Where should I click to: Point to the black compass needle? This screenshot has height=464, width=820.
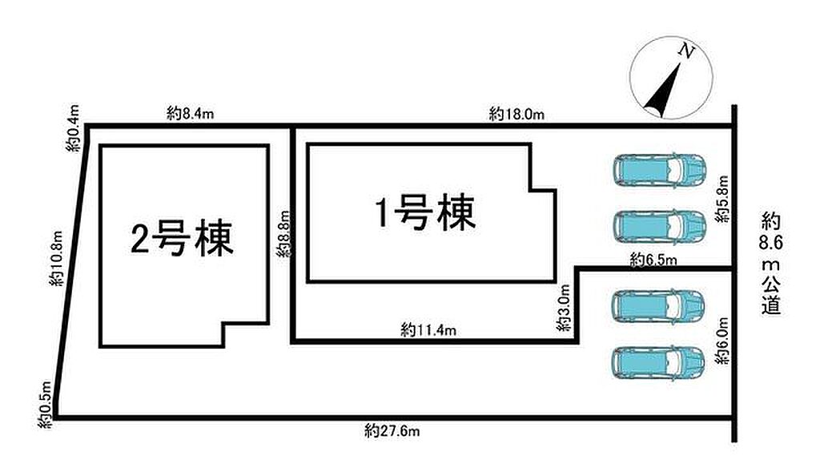click(663, 89)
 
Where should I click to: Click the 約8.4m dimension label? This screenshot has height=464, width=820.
click(191, 113)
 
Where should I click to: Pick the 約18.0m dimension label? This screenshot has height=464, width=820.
click(517, 114)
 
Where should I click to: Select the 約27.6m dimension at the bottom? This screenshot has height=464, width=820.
click(392, 431)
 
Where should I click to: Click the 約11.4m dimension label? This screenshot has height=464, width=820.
click(428, 329)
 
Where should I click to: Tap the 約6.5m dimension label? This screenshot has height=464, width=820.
click(653, 259)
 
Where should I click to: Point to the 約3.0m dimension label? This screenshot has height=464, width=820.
click(563, 308)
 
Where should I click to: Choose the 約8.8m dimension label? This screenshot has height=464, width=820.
click(283, 234)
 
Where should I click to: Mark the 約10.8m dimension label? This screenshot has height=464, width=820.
click(57, 258)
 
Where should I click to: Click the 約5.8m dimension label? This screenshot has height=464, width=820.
click(722, 200)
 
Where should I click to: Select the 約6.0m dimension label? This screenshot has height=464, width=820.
click(723, 341)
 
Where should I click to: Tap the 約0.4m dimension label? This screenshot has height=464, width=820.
click(73, 128)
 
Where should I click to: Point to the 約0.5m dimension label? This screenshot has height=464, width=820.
click(46, 405)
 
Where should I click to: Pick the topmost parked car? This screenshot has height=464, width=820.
click(660, 170)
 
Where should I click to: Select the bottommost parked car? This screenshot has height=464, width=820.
click(658, 362)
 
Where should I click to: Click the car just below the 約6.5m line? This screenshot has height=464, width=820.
click(658, 306)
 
